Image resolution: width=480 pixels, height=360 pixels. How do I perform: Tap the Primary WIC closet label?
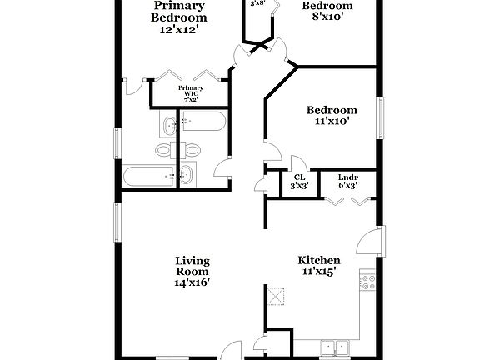192,92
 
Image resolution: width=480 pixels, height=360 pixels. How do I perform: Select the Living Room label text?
192,271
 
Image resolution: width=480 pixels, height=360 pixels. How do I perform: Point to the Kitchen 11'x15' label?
319,266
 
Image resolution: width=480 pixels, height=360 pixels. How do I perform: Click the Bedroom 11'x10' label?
332,115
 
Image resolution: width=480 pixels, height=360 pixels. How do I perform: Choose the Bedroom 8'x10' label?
326,11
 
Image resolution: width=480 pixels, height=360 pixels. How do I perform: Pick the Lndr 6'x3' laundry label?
348,182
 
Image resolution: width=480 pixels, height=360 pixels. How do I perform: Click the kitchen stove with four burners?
367,282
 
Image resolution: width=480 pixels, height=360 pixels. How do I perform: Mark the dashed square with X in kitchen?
276,295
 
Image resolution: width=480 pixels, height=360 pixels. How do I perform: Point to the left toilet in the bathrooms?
164,150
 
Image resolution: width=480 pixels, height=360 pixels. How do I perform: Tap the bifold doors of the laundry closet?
348,200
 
